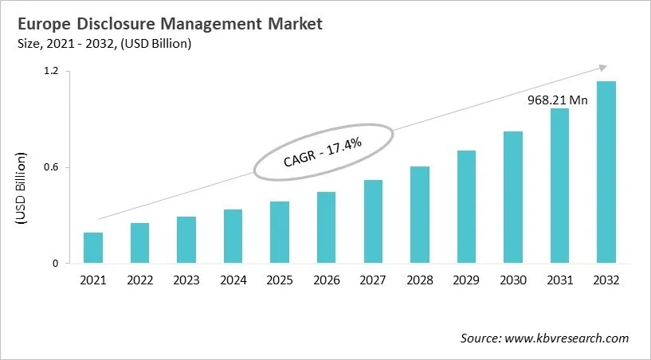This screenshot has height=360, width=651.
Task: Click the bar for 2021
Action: pos(93,248)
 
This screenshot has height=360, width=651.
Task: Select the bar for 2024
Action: pos(233,237)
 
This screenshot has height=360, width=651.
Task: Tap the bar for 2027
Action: pos(373,221)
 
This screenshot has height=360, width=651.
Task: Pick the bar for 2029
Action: pos(466,207)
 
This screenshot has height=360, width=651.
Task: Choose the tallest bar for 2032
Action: pos(606,172)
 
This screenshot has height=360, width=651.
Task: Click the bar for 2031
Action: pos(559,186)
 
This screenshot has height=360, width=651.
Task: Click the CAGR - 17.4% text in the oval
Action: pos(323,151)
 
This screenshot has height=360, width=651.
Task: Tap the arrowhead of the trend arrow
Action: pos(603,68)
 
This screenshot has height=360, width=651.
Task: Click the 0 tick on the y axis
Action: pos(56,264)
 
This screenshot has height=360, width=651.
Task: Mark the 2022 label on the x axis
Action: pos(139,280)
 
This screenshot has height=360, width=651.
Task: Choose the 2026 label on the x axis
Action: pos(326,280)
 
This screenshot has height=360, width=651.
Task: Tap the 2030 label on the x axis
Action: pos(512,280)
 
